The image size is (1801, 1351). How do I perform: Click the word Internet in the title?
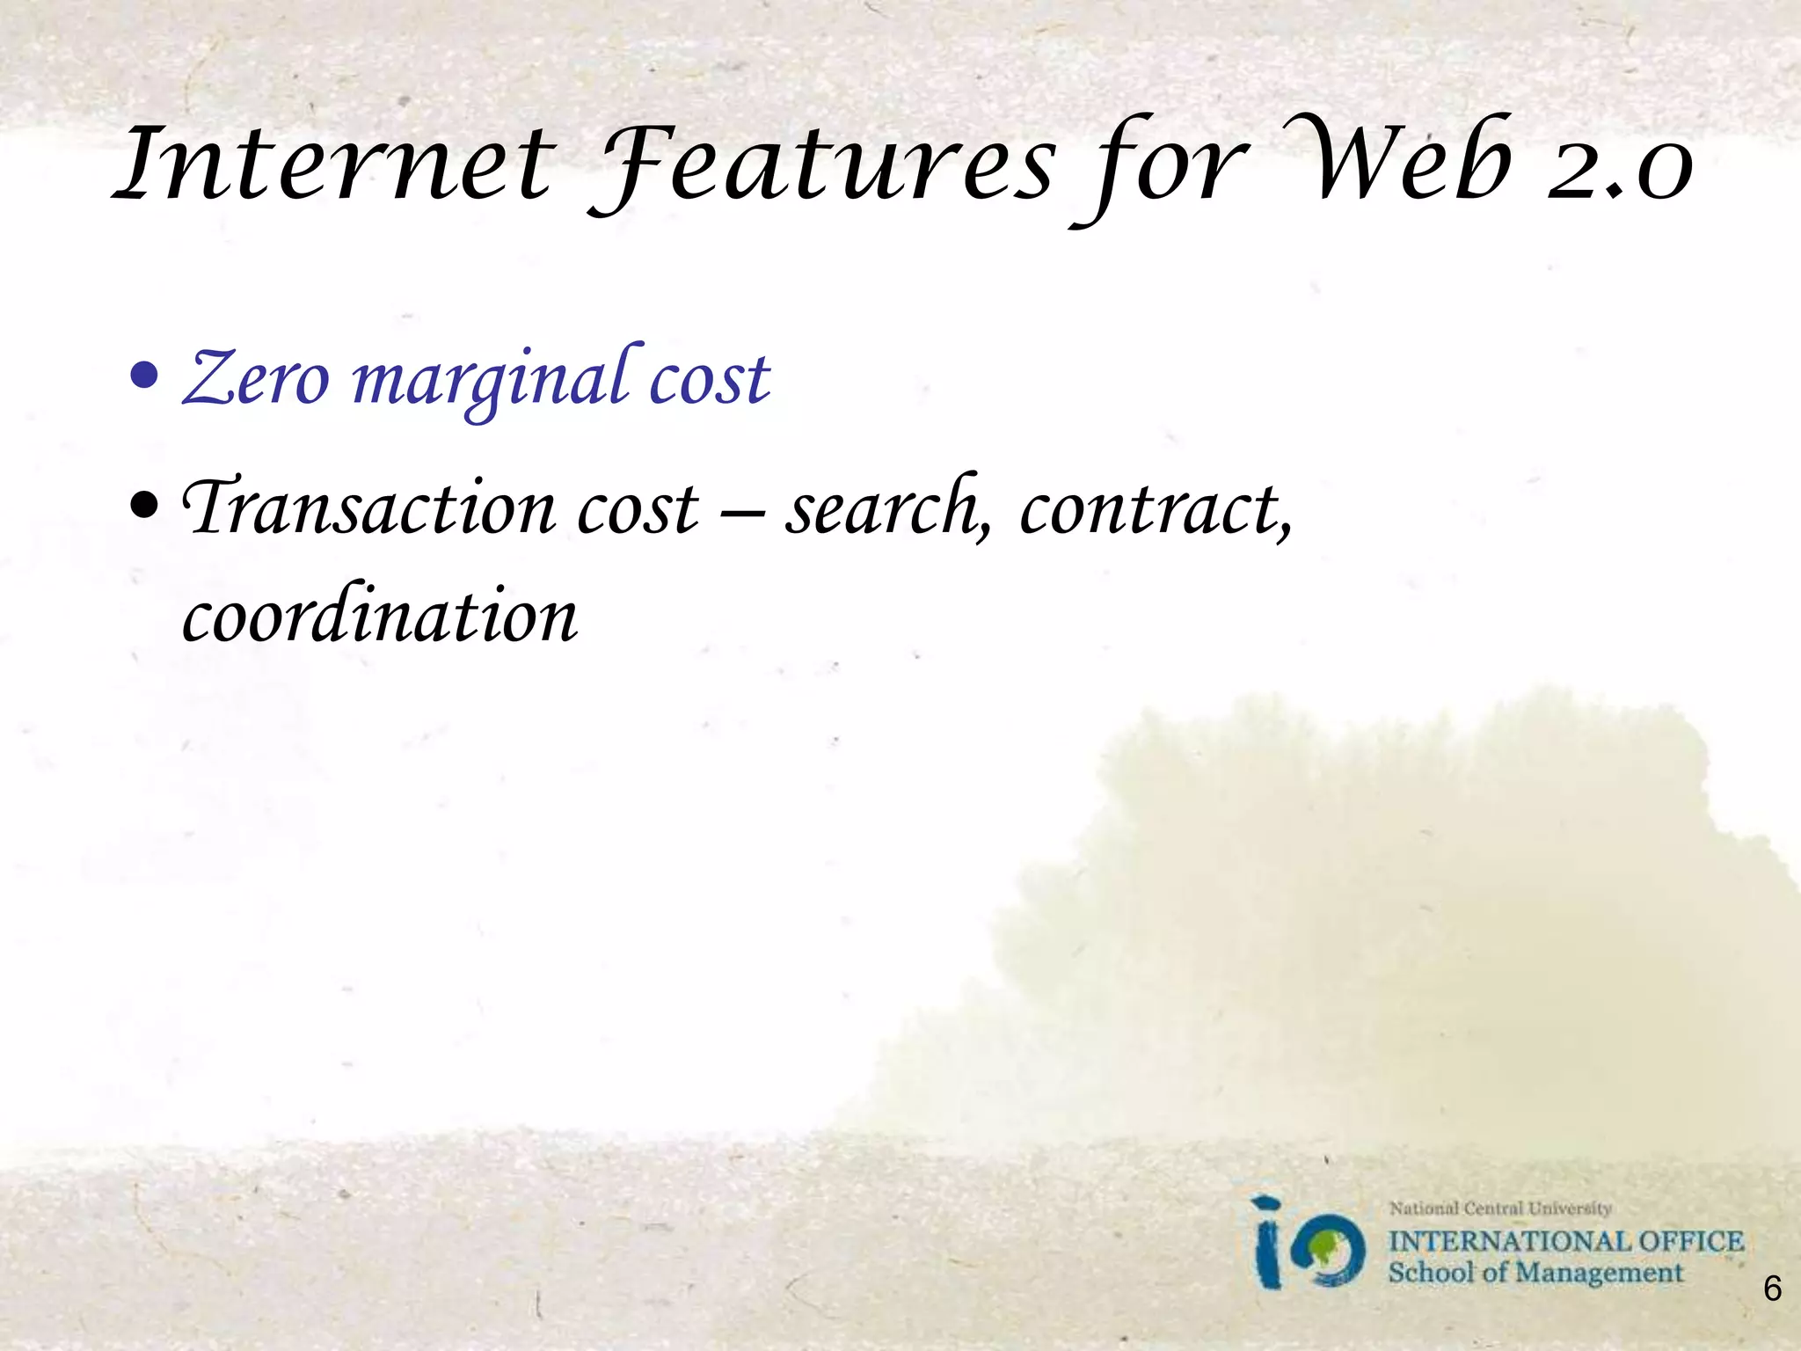pyautogui.click(x=335, y=163)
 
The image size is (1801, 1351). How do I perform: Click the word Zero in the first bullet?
pyautogui.click(x=256, y=378)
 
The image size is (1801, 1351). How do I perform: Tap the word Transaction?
pyautogui.click(x=368, y=508)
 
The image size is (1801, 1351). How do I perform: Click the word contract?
pyautogui.click(x=1156, y=508)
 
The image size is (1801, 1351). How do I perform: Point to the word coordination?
pyautogui.click(x=380, y=615)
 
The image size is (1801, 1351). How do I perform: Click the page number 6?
pyautogui.click(x=1772, y=1289)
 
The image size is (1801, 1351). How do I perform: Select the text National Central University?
pyautogui.click(x=1500, y=1209)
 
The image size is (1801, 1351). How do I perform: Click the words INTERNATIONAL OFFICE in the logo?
pyautogui.click(x=1565, y=1241)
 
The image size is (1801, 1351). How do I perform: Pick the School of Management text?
pyautogui.click(x=1535, y=1273)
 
